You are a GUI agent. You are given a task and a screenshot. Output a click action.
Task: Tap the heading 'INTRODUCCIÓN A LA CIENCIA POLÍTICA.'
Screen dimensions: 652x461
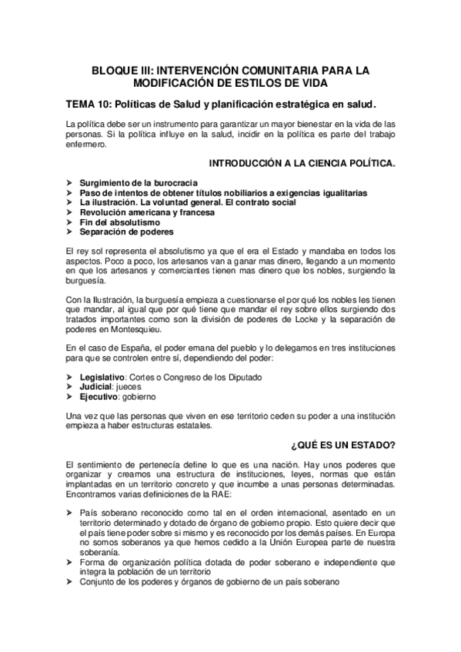[302, 164]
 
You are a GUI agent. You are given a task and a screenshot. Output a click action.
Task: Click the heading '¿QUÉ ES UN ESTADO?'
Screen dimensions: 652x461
[343, 445]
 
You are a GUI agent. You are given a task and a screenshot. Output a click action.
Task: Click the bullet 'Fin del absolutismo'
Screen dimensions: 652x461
[115, 221]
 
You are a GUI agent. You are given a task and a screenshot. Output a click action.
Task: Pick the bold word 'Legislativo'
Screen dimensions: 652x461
[102, 378]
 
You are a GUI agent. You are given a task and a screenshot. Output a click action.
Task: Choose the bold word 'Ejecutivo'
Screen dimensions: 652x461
[98, 398]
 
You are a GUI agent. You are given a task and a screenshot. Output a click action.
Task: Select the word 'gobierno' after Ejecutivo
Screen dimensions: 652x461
[139, 398]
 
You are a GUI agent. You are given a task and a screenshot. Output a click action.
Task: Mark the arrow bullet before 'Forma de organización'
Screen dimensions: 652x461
[70, 563]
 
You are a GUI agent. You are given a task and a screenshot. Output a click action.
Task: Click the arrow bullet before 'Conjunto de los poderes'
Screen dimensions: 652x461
[70, 583]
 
